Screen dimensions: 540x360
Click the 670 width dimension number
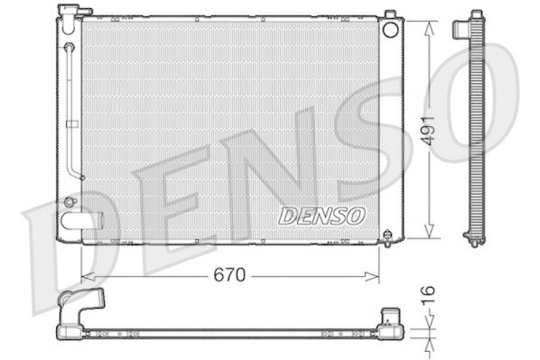click(230, 275)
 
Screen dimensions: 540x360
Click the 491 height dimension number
click(428, 130)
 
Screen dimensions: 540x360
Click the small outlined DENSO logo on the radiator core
click(322, 216)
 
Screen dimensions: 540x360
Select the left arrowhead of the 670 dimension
click(88, 276)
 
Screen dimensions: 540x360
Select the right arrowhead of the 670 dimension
click(373, 276)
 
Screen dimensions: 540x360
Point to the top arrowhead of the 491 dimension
click(429, 28)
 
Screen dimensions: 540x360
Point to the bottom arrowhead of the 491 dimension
click(429, 231)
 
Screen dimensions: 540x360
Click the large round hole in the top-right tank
click(391, 29)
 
